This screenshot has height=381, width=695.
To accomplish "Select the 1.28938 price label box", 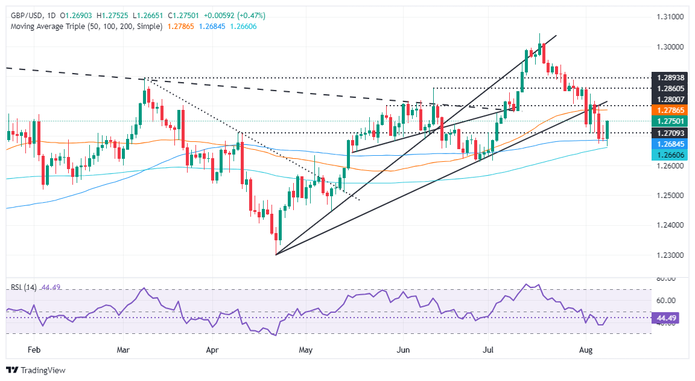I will tap(671, 78).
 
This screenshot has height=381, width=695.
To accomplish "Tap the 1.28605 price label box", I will tap(671, 88).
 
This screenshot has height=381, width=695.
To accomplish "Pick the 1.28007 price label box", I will tap(671, 99).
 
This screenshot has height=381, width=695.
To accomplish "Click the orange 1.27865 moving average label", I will tap(671, 110).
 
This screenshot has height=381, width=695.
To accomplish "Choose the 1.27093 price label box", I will tap(671, 132).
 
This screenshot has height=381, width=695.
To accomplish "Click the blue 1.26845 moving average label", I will tap(671, 144).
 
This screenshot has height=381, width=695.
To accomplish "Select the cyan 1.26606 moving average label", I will tap(671, 155).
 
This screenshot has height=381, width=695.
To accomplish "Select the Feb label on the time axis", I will tap(34, 350).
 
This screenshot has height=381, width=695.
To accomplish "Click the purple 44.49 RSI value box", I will tap(670, 317).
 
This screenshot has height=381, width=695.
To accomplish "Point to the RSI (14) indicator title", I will tap(24, 287).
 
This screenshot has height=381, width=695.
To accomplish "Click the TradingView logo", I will tap(36, 370).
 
